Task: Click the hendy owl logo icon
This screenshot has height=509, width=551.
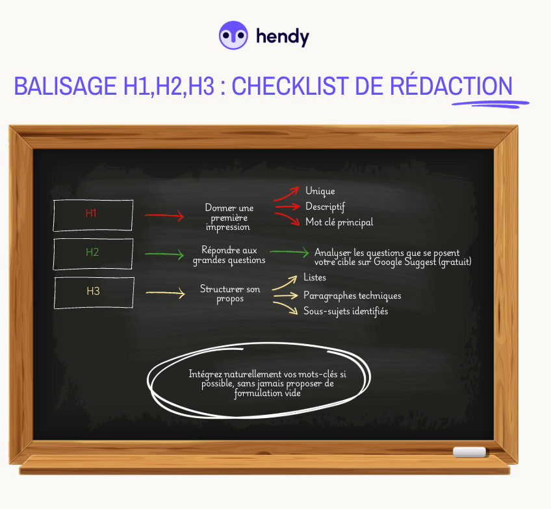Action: coord(234,36)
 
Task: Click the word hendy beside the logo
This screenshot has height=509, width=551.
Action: coord(283,37)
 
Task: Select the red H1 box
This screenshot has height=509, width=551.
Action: coord(93,214)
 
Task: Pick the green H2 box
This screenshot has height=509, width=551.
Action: coord(93,253)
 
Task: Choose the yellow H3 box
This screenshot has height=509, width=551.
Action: coord(94,292)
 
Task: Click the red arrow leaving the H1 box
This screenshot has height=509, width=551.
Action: coord(164,216)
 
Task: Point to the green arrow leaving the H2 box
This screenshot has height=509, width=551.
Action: coord(164,255)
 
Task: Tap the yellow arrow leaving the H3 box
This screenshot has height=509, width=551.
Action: coord(165,293)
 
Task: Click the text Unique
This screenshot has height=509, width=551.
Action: coord(320,191)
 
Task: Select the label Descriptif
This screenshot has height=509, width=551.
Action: coord(325,206)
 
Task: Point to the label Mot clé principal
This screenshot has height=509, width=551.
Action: coord(339,222)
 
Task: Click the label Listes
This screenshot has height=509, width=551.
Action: coord(314,277)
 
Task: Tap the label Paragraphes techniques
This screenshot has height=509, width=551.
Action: coord(352,295)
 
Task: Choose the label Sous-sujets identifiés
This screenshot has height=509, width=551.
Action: coord(346,311)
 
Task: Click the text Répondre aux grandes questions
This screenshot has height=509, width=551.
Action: coord(229,255)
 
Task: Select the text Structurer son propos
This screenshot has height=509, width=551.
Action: coord(230,293)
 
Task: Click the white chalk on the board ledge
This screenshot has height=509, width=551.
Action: coord(469,452)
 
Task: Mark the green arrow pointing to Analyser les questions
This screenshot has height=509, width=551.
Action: coord(288,252)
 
